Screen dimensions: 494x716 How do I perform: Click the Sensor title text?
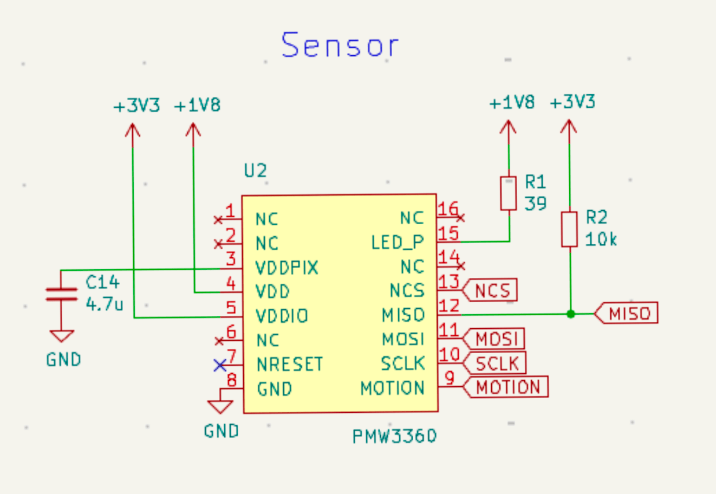[x=340, y=45]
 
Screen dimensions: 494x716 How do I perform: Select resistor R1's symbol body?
[x=509, y=193]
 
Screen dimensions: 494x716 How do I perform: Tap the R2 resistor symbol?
[x=569, y=229]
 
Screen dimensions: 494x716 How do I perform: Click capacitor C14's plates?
[x=61, y=294]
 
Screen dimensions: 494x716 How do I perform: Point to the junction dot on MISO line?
[x=570, y=314]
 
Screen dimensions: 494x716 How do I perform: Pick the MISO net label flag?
[x=628, y=313]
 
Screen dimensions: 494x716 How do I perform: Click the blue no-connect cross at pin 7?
[x=219, y=365]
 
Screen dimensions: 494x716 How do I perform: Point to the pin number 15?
[x=448, y=234]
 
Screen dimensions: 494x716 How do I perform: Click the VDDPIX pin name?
[x=287, y=268]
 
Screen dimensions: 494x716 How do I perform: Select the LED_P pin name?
[x=397, y=243]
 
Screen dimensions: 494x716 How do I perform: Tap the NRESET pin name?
[x=290, y=364]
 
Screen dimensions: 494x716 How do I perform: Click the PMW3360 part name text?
[x=394, y=436]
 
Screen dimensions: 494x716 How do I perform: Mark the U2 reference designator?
[x=255, y=171]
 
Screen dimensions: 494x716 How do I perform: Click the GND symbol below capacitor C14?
[x=61, y=336]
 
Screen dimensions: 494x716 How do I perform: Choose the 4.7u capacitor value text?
[x=105, y=304]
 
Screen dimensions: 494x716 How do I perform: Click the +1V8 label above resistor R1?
[x=512, y=102]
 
